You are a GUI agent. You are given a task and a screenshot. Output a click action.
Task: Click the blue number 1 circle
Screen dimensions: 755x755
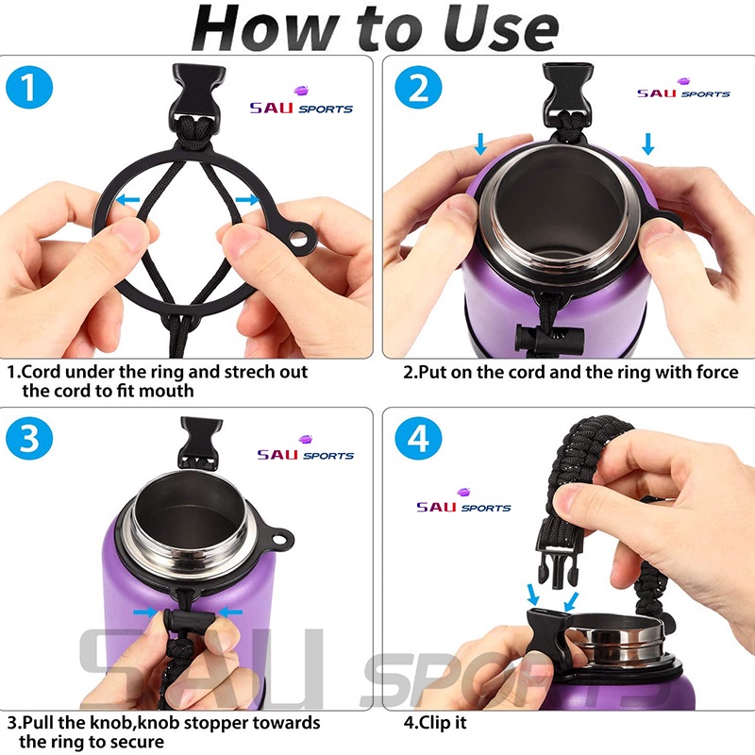(29, 88)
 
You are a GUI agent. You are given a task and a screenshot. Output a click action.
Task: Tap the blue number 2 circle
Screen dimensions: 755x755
(418, 88)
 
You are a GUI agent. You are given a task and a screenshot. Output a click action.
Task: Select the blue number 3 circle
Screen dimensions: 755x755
(29, 438)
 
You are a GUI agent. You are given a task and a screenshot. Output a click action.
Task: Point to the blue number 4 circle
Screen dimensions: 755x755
(418, 438)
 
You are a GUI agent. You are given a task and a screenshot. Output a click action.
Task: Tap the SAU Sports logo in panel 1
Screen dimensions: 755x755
(301, 101)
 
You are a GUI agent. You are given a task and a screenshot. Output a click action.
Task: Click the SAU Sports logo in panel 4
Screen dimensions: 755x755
(463, 501)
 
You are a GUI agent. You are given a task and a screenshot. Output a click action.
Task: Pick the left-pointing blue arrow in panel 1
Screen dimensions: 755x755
(127, 199)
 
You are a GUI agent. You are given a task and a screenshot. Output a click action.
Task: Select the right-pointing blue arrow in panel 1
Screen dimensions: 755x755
(247, 199)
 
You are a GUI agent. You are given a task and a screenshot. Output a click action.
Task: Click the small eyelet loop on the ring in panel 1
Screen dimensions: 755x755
(298, 237)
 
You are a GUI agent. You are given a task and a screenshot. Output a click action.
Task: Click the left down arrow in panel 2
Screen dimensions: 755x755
(480, 144)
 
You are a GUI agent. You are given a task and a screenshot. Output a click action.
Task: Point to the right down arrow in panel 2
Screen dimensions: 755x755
(648, 144)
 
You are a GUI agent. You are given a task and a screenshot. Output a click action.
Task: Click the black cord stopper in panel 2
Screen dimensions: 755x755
(549, 338)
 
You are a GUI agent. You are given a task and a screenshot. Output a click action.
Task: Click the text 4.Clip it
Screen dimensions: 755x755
(435, 723)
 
